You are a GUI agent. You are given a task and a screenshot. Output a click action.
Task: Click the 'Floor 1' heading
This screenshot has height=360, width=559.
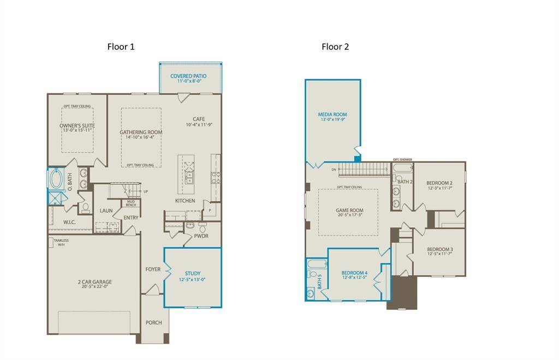121,47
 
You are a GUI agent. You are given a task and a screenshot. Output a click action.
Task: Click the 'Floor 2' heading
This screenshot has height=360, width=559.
335,47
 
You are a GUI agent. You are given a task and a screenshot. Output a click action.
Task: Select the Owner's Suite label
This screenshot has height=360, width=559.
77,126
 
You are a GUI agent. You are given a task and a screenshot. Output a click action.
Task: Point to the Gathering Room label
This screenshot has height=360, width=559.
141,132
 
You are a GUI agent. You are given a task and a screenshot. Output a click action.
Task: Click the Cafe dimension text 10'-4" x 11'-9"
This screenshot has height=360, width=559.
199,125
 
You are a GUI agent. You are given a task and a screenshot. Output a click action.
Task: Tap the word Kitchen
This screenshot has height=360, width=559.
185,201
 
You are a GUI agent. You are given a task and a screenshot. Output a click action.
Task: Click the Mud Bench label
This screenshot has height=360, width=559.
131,203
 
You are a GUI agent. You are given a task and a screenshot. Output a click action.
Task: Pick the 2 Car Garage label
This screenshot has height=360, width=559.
94,282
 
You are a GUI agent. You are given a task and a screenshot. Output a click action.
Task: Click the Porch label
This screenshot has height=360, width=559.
153,322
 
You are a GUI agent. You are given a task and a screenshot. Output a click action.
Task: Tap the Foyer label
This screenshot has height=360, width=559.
153,269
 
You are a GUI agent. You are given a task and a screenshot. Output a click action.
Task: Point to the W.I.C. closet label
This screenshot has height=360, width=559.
69,222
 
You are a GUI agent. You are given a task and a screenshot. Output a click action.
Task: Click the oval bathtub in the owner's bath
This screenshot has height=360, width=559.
56,179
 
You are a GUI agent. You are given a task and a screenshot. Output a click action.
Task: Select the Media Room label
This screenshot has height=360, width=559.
332,115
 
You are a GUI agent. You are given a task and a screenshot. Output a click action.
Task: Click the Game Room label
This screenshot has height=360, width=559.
349,211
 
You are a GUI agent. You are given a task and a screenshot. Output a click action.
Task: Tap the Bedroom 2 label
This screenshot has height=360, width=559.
439,183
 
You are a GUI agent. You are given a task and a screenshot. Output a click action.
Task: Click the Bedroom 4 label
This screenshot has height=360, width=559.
354,273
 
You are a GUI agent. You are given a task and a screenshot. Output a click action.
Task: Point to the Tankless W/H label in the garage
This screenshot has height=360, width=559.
61,242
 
